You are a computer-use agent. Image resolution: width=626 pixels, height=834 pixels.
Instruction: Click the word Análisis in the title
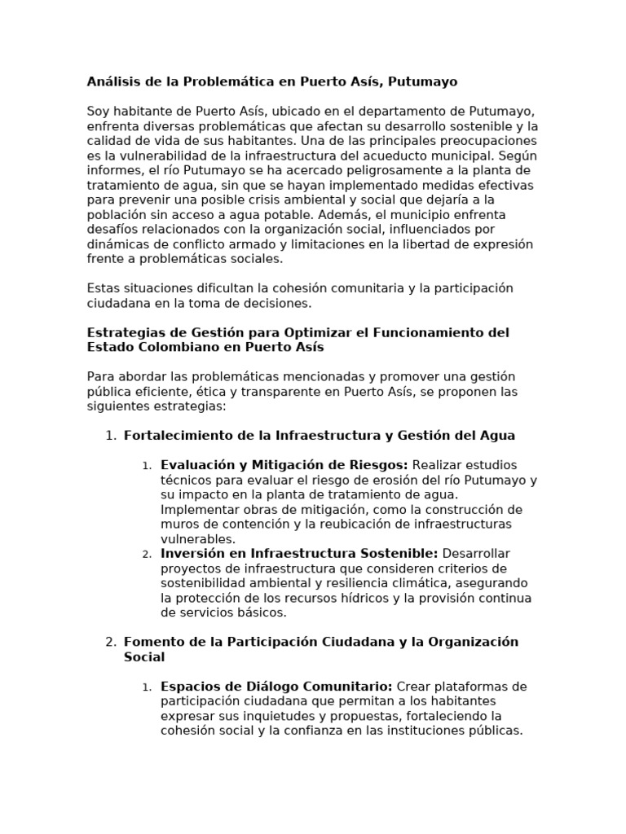pos(112,82)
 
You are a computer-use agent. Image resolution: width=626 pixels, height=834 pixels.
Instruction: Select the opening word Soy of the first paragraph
pos(97,112)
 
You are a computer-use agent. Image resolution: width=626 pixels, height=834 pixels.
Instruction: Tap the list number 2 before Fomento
pos(110,642)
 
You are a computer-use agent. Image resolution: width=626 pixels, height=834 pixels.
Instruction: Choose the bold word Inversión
pos(192,554)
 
